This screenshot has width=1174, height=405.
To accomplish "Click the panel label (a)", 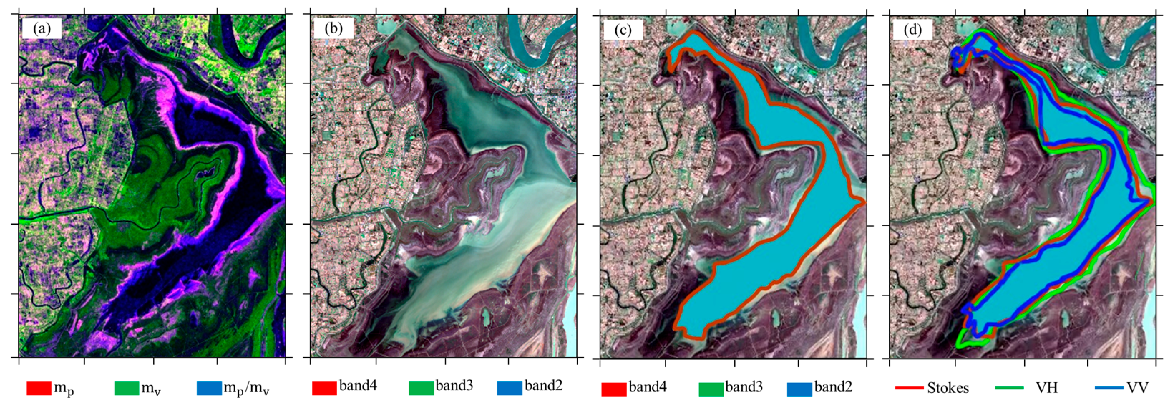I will click(x=42, y=29).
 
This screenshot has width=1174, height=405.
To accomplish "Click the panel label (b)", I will click(x=333, y=29).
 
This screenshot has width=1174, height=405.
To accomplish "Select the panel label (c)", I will click(x=623, y=30).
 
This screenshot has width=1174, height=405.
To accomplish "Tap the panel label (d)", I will click(x=913, y=30).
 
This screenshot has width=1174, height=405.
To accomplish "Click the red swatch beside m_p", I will click(x=39, y=388).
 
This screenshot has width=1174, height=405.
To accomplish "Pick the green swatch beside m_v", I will click(x=127, y=388).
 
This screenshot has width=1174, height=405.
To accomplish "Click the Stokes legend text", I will click(x=948, y=388).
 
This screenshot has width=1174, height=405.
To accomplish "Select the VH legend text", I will click(x=1046, y=388).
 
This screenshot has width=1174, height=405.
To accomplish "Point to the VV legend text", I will click(x=1138, y=388).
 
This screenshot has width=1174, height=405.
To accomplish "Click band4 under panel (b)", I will click(x=358, y=386).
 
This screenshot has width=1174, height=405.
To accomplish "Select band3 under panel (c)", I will click(x=744, y=387).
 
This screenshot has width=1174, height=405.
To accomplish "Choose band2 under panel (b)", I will click(x=543, y=386).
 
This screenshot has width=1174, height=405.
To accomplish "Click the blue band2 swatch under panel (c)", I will click(x=799, y=389).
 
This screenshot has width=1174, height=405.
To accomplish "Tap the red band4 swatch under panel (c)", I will click(x=614, y=389).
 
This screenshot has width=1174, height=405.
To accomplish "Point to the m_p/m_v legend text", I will click(x=246, y=389).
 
